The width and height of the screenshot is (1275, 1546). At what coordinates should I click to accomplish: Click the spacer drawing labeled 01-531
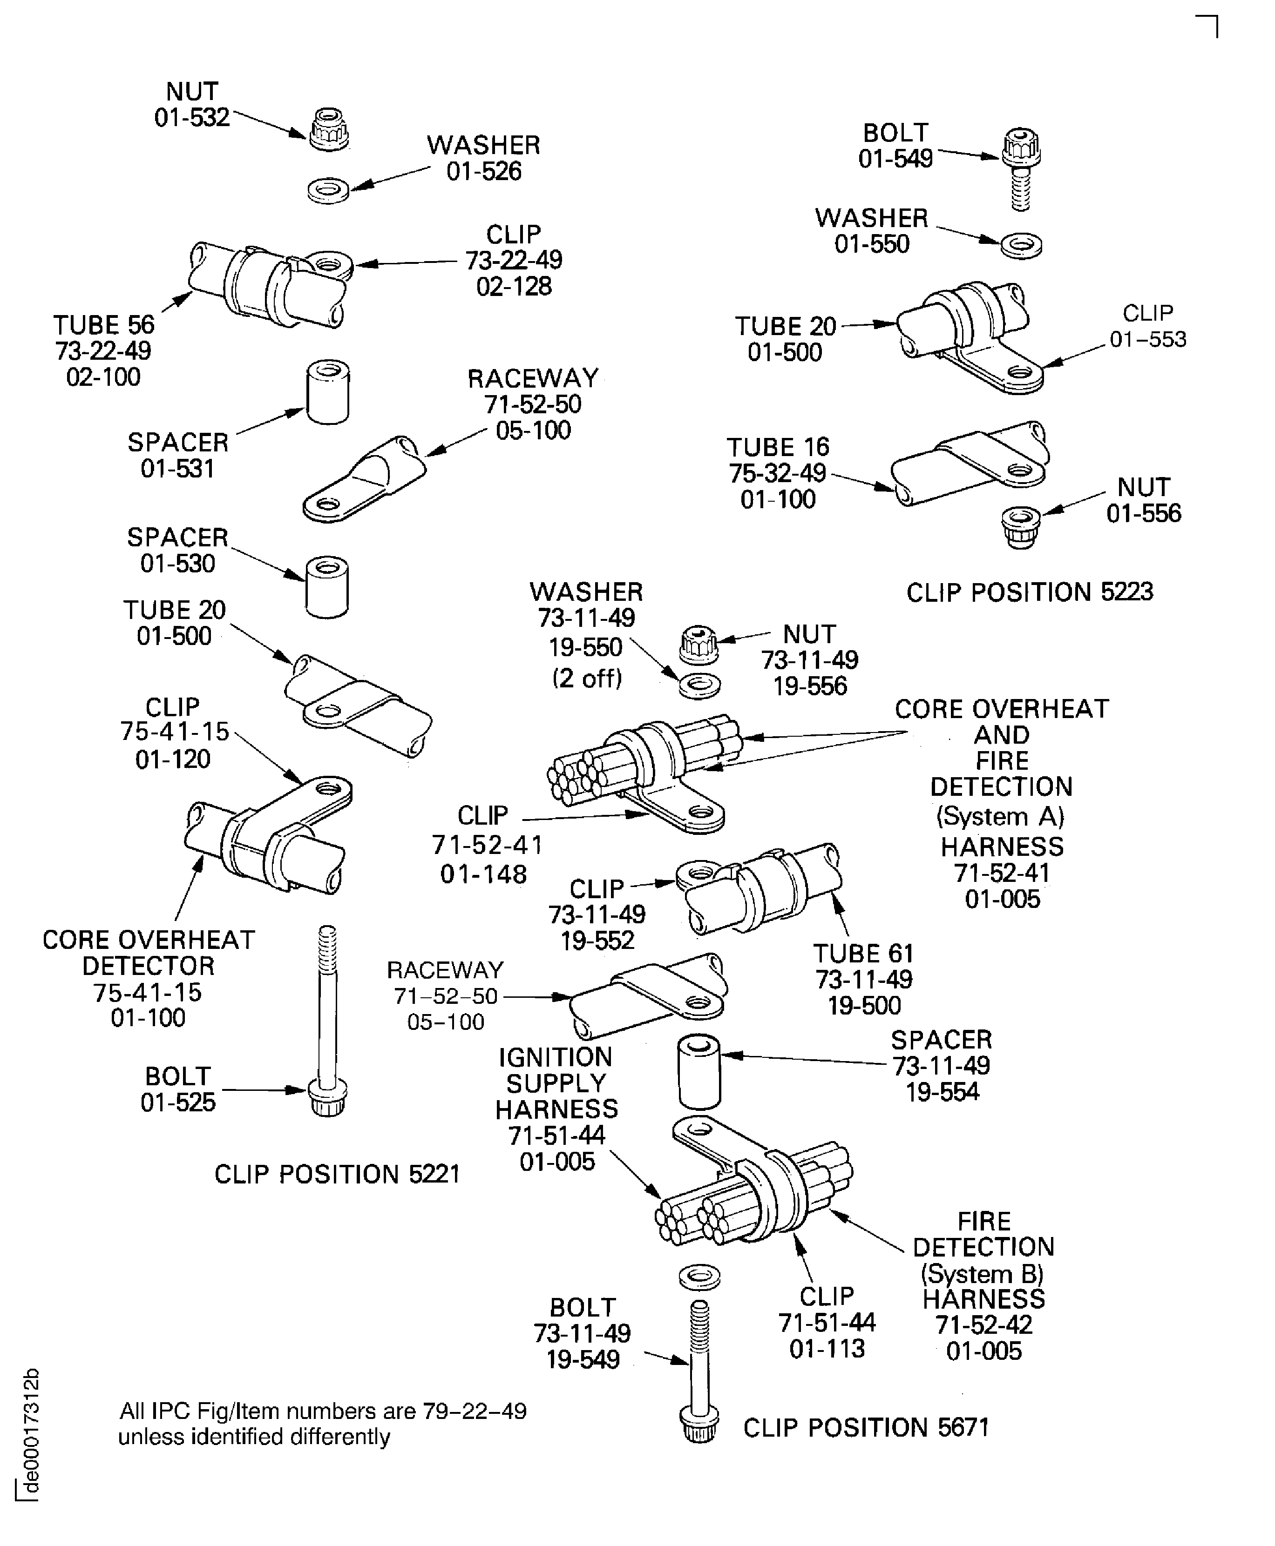click(x=327, y=391)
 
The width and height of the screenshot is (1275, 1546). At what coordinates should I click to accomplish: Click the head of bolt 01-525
click(x=327, y=1099)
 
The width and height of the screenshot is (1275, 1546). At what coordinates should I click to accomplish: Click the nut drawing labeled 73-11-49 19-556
click(x=699, y=644)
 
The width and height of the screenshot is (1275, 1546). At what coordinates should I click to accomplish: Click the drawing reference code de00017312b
click(x=30, y=1432)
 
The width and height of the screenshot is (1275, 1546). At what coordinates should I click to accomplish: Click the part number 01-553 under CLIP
click(x=1147, y=339)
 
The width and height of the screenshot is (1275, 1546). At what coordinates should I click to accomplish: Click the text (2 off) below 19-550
click(x=587, y=678)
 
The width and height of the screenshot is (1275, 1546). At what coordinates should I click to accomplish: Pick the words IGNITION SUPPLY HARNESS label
click(x=556, y=1083)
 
